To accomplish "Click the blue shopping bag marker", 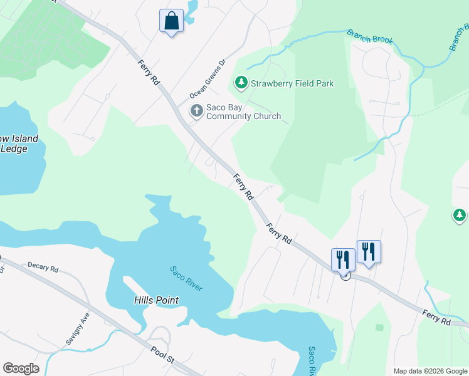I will tap(171, 21).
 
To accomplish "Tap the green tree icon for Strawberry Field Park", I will tap(241, 82).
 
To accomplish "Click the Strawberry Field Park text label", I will tap(292, 83).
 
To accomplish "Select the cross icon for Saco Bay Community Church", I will tap(196, 111).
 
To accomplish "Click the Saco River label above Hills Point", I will tap(186, 278).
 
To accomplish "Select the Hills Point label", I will tap(156, 300).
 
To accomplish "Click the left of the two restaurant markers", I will tap(343, 258).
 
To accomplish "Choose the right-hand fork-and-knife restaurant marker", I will tap(369, 251).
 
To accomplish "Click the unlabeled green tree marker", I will tap(460, 216).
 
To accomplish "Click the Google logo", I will tap(21, 368).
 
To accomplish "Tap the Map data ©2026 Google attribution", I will tap(429, 371).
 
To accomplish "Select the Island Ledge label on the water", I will tap(19, 144).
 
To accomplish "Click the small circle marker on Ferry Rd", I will tap(345, 275).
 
